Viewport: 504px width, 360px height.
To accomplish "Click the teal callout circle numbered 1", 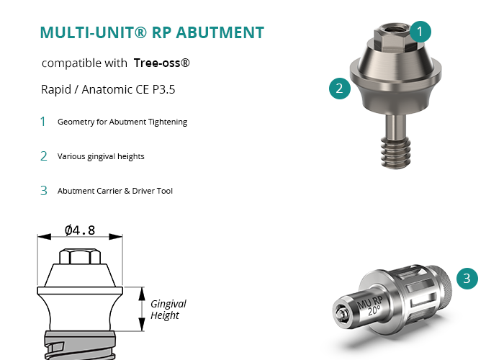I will (421, 31).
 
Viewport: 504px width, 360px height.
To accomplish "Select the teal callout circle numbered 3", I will (467, 278).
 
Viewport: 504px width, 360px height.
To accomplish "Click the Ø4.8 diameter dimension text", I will (80, 230).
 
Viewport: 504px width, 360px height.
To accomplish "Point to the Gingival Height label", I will (168, 310).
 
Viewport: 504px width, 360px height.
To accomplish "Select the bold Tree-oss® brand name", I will (162, 63).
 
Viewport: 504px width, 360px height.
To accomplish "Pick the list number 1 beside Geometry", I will (43, 122).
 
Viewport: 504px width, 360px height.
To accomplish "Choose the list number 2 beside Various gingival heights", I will (43, 156).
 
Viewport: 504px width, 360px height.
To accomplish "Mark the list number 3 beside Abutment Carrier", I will (43, 191).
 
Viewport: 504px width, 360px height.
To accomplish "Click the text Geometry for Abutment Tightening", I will (122, 122).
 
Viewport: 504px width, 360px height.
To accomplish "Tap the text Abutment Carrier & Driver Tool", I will (115, 191).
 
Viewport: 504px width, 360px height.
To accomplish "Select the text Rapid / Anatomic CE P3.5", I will (98, 91).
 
